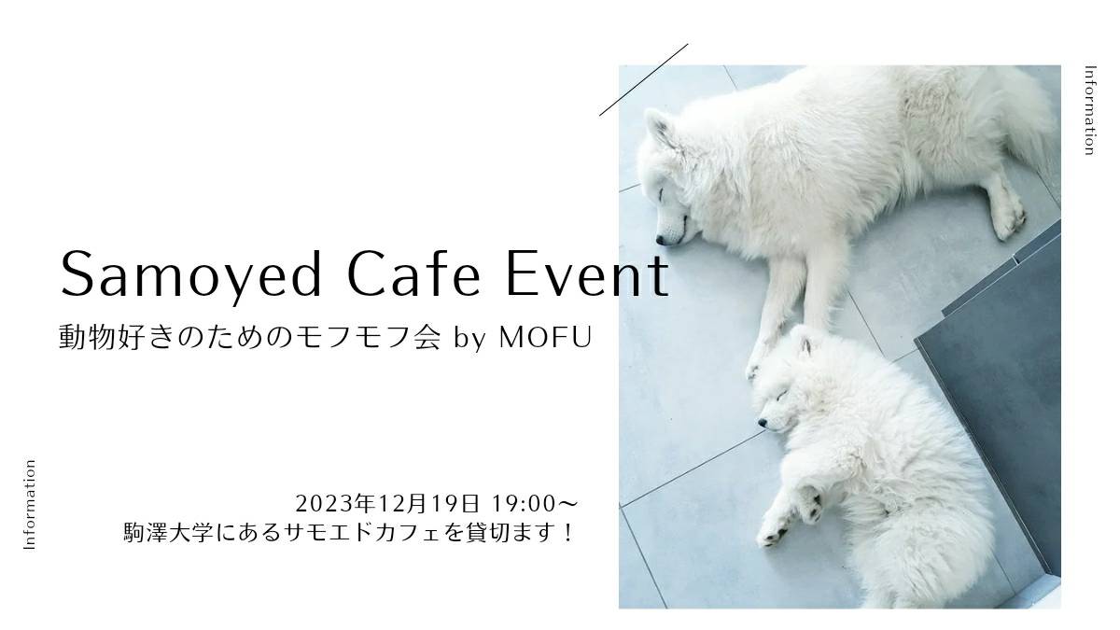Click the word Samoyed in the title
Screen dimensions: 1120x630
click(x=190, y=276)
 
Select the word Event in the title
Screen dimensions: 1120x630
click(x=587, y=274)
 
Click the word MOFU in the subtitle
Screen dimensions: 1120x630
click(x=545, y=337)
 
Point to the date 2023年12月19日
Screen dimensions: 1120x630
click(x=387, y=503)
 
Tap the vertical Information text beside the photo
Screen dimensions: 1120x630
click(x=1090, y=110)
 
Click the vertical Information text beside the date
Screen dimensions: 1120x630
click(x=30, y=505)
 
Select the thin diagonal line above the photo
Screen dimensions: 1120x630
click(x=643, y=80)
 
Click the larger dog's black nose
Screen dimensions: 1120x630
click(x=661, y=241)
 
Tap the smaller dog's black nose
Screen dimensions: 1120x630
click(x=763, y=423)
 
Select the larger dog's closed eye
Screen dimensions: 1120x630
click(x=661, y=193)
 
